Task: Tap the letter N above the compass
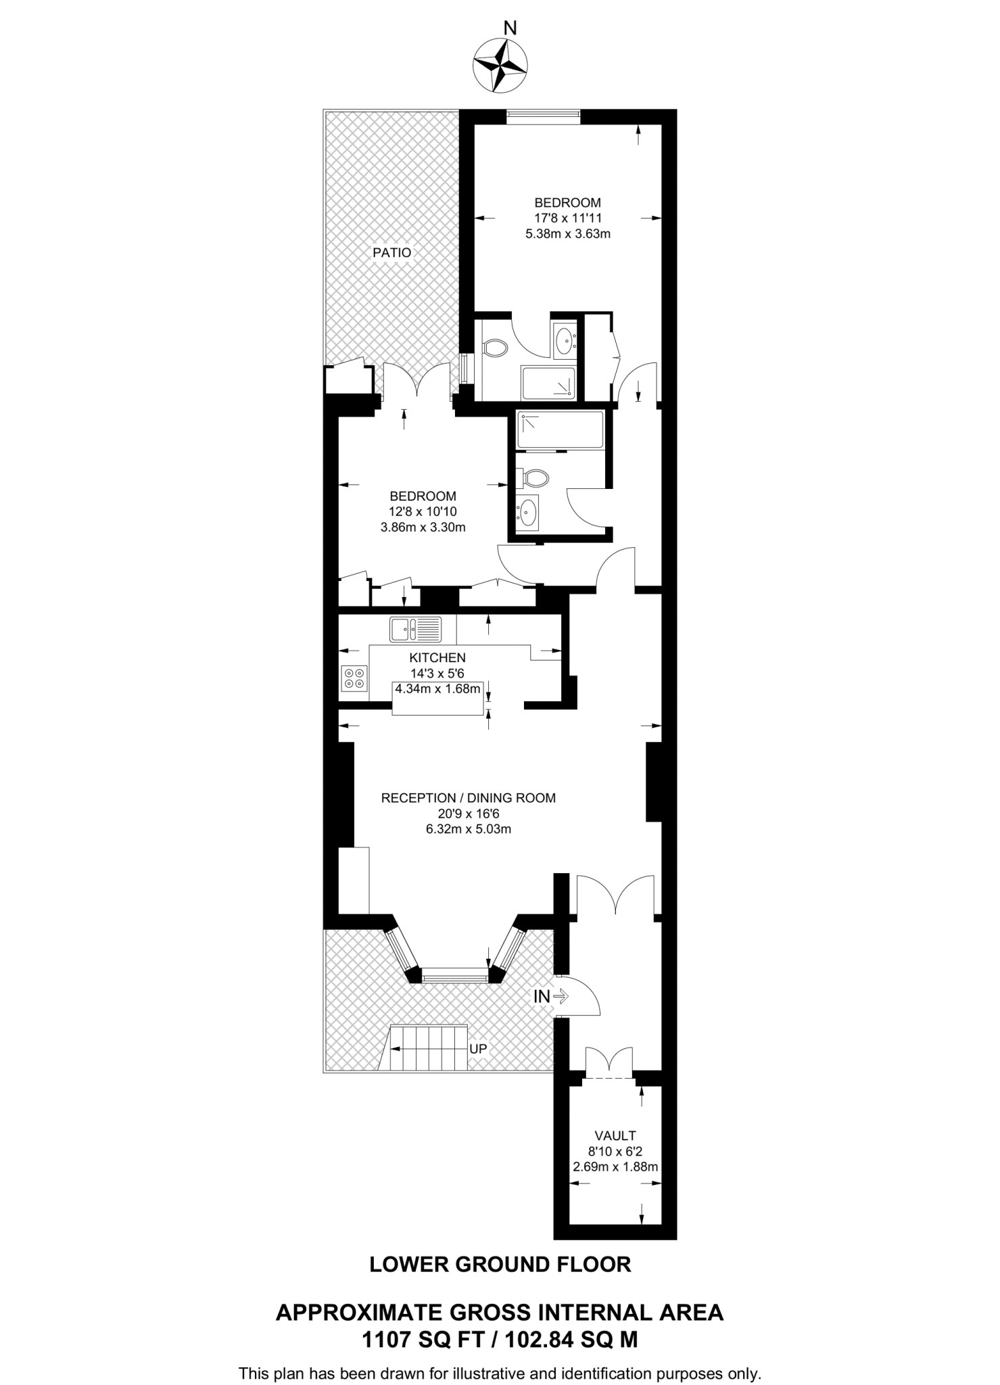510,28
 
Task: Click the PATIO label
391,253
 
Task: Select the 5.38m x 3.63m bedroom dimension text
567,235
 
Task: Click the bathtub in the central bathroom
559,430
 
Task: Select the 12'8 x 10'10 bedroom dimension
423,512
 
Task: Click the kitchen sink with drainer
415,629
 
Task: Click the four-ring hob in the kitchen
354,678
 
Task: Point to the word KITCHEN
437,657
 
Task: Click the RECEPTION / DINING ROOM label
468,798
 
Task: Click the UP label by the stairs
478,1049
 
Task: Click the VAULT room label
615,1135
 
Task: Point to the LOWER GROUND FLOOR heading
500,1265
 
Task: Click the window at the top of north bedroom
544,116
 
